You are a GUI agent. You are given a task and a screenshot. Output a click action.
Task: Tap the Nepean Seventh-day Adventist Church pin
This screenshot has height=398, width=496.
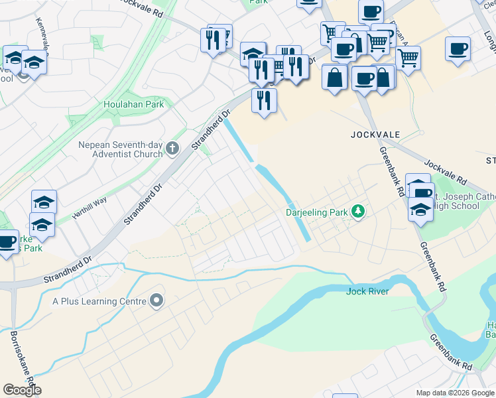[173, 149]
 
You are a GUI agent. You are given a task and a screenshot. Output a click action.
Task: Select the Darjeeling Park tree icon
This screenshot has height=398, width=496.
[359, 212]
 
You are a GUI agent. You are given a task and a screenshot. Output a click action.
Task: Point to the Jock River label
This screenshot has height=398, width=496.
[367, 291]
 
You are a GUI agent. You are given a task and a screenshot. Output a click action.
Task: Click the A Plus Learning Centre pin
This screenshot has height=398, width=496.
[156, 301]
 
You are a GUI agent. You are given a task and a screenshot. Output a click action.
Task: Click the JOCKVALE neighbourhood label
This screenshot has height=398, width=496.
[375, 135]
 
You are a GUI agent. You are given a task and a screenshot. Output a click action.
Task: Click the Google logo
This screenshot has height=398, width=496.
[22, 390]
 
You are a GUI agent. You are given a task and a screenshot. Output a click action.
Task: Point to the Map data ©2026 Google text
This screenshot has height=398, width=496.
[455, 393]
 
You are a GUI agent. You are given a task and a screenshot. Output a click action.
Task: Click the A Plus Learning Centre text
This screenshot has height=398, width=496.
[99, 301]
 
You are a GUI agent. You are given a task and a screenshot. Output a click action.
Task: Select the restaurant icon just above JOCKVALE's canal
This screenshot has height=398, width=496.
[264, 101]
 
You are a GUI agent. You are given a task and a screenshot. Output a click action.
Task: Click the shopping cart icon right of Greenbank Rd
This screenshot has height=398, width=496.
[408, 58]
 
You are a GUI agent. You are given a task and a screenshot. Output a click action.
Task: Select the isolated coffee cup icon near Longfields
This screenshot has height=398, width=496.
[458, 49]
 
